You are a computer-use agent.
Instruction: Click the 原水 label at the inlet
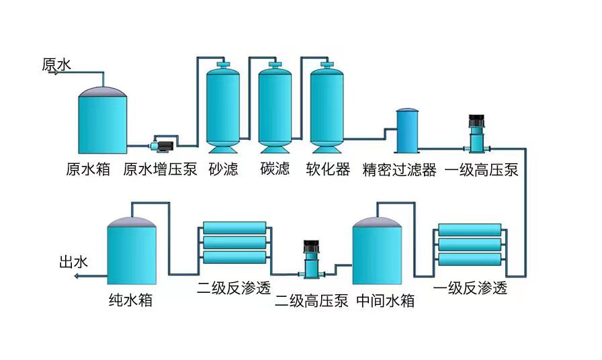pyautogui.click(x=56, y=64)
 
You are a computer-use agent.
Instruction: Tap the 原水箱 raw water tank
pyautogui.click(x=102, y=121)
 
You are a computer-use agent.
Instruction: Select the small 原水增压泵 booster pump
pyautogui.click(x=163, y=144)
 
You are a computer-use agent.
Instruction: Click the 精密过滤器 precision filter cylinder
pyautogui.click(x=406, y=131)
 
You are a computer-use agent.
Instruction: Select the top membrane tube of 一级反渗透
pyautogui.click(x=469, y=230)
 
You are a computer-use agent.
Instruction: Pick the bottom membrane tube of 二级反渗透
pyautogui.click(x=234, y=257)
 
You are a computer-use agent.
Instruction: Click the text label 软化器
pyautogui.click(x=328, y=169)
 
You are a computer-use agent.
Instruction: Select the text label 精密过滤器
pyautogui.click(x=399, y=169)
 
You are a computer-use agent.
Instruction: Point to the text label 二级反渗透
pyautogui.click(x=234, y=288)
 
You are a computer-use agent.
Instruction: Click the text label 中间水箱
pyautogui.click(x=385, y=300)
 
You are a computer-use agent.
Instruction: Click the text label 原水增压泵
pyautogui.click(x=160, y=169)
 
